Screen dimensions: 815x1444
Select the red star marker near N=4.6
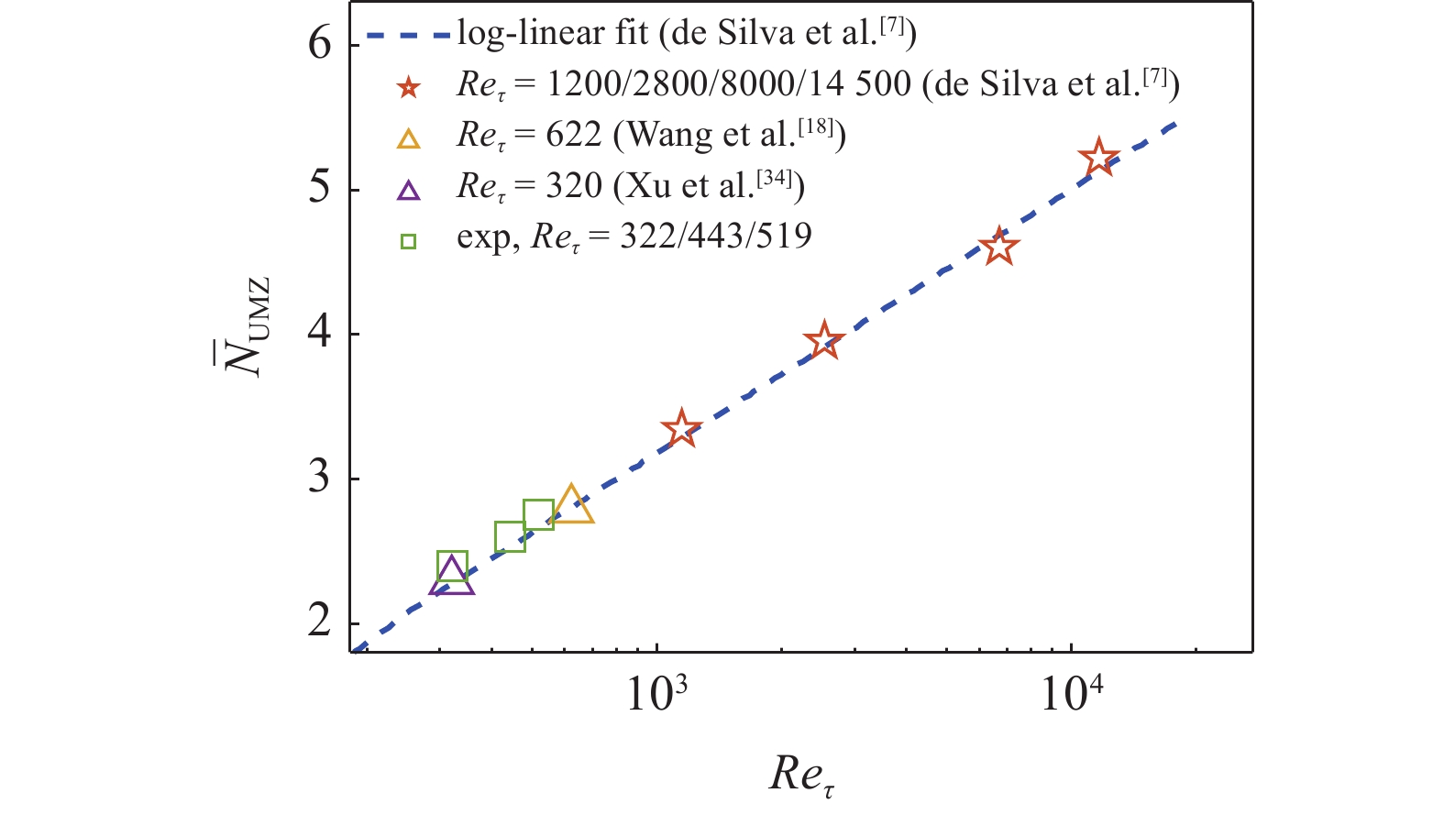pyautogui.click(x=998, y=248)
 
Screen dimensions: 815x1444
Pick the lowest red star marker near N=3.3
pyautogui.click(x=680, y=429)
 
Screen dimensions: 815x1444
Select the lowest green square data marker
pyautogui.click(x=452, y=566)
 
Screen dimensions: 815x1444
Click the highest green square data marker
pyautogui.click(x=538, y=514)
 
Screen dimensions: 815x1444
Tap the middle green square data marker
pyautogui.click(x=510, y=536)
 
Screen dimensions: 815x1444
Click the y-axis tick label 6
pyautogui.click(x=319, y=44)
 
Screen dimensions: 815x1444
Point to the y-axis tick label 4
pyautogui.click(x=319, y=334)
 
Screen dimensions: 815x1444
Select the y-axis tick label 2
pyautogui.click(x=319, y=622)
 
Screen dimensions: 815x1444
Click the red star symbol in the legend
pyautogui.click(x=409, y=88)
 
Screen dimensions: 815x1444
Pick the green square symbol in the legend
pyautogui.click(x=409, y=242)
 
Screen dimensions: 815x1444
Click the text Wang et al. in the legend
pyautogui.click(x=707, y=136)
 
